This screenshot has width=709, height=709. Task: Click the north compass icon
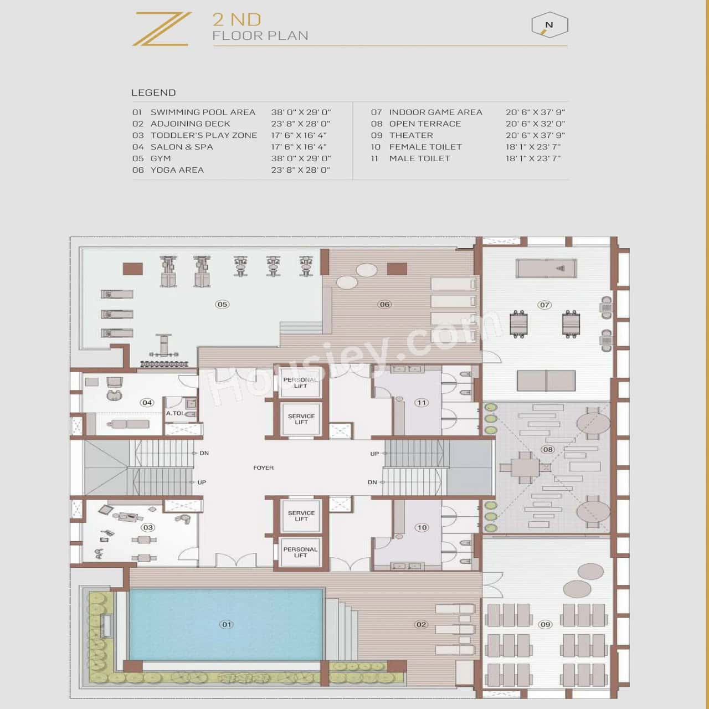pos(549,25)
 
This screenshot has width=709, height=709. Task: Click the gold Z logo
pos(161,29)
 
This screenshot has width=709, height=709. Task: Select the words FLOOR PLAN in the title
pos(260,36)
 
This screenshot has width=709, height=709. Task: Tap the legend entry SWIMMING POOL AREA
pos(203,112)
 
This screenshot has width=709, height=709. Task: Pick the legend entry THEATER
pos(411,136)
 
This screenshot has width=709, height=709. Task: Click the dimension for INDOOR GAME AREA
pos(535,112)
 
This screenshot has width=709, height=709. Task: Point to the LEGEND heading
pos(153,93)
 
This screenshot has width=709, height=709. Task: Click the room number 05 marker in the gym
pos(222,304)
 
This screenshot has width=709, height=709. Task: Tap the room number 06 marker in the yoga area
pos(384,304)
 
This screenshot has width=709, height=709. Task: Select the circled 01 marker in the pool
pos(227,624)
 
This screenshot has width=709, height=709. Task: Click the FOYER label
pos(263,468)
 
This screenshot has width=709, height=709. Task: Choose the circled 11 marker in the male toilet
pos(422,403)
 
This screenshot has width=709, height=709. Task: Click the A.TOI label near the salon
pos(174,414)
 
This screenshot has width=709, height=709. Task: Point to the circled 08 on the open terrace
pos(548,449)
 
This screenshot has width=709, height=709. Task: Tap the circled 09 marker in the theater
pos(546,624)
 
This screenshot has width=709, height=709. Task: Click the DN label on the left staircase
pos(204,453)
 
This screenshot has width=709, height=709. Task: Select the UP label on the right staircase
pos(374,454)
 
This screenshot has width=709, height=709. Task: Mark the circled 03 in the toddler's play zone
pos(148,527)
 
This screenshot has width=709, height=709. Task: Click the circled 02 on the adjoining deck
pos(421,624)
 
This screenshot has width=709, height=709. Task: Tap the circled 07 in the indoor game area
pos(544,305)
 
